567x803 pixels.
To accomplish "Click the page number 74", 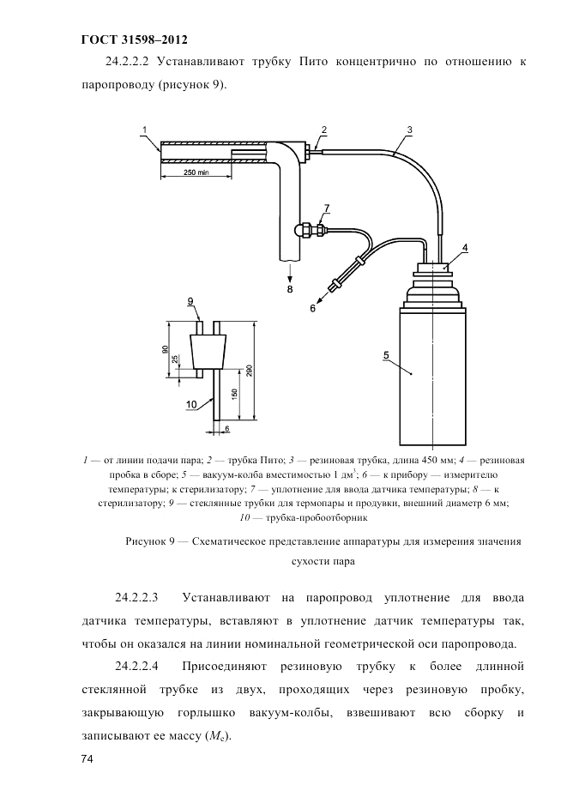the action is coord(87,759).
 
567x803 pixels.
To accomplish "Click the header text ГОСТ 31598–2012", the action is coord(134,40).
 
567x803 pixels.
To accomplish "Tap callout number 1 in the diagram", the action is coord(144,130).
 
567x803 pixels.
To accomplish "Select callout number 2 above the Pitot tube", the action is coord(323,130).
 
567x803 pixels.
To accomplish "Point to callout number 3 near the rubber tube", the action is coord(409,130).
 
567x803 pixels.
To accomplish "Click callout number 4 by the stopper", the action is coord(464,248).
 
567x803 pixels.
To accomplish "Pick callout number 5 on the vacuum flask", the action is coord(386,354).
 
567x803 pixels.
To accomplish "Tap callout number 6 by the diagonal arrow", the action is coord(312,308).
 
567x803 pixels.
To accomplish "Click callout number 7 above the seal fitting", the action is coord(327,208).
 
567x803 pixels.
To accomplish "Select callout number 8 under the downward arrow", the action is coord(290,289).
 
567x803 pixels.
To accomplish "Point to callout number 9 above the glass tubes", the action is coord(190,301).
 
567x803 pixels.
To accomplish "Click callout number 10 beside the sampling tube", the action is coord(191,405).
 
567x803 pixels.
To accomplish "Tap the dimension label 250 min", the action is coord(196,172).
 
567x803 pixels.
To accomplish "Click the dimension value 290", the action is coord(250,371).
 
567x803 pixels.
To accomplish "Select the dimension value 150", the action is coord(234,393).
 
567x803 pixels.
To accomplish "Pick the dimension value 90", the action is coord(165,350).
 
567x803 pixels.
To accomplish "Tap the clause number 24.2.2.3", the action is coord(136,598).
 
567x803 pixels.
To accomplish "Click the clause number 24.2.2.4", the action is coord(136,667).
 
